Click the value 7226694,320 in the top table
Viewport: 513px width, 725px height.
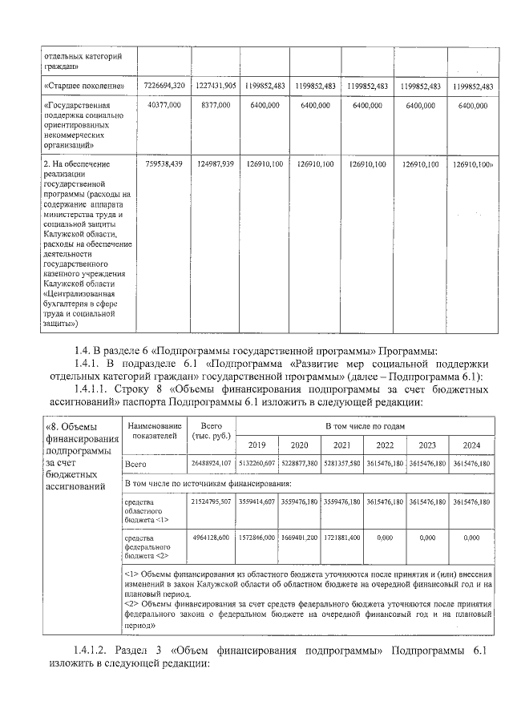(164, 86)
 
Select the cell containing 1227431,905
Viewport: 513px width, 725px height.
(215, 86)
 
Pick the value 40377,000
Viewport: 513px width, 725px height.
(164, 105)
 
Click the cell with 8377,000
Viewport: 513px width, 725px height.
(215, 105)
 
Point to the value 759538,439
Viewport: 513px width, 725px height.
(164, 163)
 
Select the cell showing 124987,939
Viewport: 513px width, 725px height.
(215, 163)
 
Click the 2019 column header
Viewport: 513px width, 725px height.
(256, 445)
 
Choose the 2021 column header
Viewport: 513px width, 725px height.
(342, 445)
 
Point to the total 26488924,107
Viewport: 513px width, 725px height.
(211, 464)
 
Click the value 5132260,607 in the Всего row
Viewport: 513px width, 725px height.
(256, 464)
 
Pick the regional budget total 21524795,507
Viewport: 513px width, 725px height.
(211, 501)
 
